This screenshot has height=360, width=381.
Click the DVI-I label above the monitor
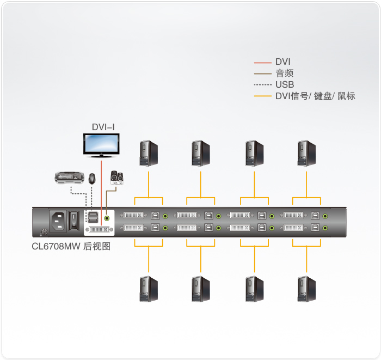pyautogui.click(x=103, y=127)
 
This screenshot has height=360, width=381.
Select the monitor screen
pyautogui.click(x=101, y=144)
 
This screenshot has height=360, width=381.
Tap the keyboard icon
pyautogui.click(x=70, y=177)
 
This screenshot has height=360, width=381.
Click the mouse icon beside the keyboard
pyautogui.click(x=92, y=178)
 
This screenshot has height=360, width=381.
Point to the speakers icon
pyautogui.click(x=116, y=177)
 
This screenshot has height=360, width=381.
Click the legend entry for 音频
pyautogui.click(x=285, y=73)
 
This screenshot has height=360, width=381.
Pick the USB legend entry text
pyautogui.click(x=285, y=84)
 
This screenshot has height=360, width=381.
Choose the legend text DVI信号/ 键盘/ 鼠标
pyautogui.click(x=315, y=96)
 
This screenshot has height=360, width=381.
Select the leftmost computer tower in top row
pyautogui.click(x=148, y=154)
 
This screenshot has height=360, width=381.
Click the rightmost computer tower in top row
pyautogui.click(x=307, y=154)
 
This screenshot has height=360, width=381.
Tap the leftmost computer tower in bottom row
pyautogui.click(x=148, y=289)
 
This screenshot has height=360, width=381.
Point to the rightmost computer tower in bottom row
pyautogui.click(x=307, y=289)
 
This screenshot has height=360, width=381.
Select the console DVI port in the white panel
pyautogui.click(x=98, y=228)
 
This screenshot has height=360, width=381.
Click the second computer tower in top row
pyautogui.click(x=201, y=154)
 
